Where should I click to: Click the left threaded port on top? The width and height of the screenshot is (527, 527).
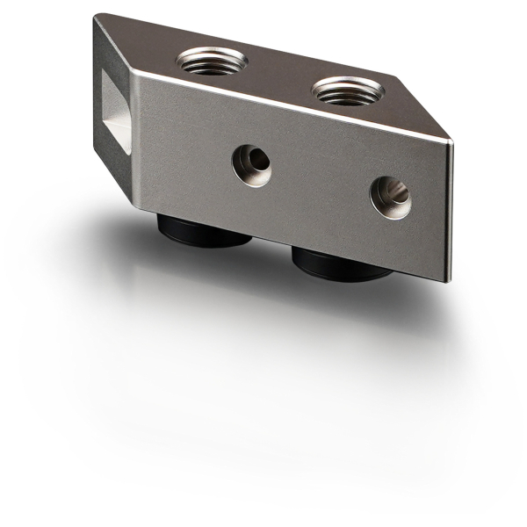[211, 61]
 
